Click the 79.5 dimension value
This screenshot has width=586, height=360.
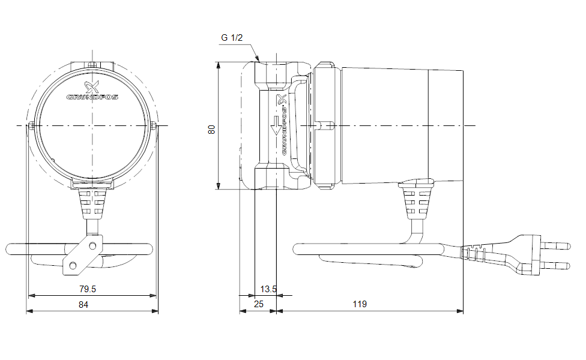88,289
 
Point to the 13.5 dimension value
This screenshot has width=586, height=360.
268,289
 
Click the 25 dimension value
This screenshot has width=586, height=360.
259,305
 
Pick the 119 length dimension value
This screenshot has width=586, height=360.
359,305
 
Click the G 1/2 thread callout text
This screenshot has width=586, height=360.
232,38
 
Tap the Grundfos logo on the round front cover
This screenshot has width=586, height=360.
92,91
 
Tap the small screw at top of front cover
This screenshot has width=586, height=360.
92,65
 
